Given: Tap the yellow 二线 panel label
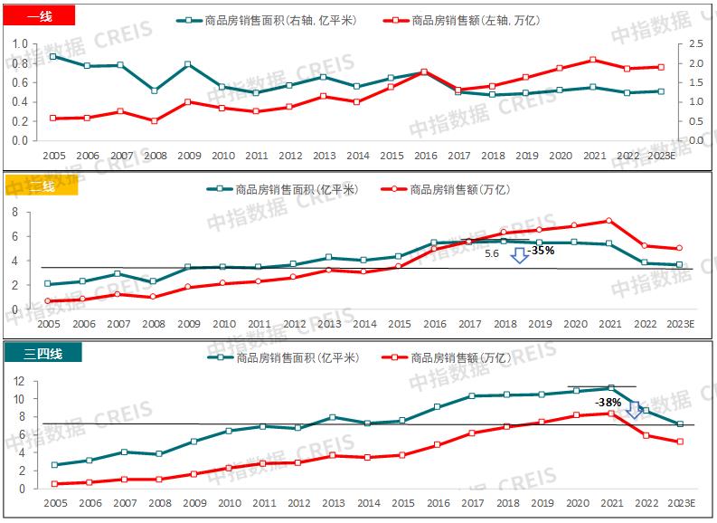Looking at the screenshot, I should tap(42, 187).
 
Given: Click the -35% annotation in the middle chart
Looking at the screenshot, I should tap(541, 251).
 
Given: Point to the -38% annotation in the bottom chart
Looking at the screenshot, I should tap(607, 401).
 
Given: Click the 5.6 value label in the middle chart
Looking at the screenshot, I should tap(492, 254).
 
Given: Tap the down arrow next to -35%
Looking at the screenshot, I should tap(519, 256).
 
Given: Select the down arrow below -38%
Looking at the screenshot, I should tap(634, 411).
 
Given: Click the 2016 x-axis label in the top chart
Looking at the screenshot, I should tap(426, 157).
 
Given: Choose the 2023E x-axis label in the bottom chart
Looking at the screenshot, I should tap(679, 502).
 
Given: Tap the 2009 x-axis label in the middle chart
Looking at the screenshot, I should tap(188, 324).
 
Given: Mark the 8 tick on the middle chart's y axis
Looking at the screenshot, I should tap(14, 212).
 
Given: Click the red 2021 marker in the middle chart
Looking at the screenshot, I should tap(609, 221).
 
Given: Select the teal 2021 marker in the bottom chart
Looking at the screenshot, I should tap(610, 388).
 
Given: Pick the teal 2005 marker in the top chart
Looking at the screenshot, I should tap(53, 56).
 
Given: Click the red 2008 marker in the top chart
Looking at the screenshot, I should tap(155, 121).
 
